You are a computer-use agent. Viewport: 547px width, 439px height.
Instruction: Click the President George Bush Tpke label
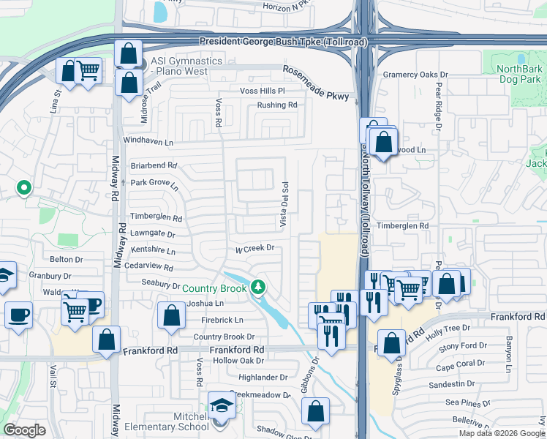pos(282,42)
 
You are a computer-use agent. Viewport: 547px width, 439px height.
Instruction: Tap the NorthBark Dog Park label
pos(520,74)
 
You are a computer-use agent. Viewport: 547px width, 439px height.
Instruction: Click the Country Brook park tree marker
pos(257,287)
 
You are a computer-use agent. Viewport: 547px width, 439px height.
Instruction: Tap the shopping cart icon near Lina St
pos(88,71)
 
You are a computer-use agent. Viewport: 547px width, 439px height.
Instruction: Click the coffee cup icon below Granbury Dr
pos(18,315)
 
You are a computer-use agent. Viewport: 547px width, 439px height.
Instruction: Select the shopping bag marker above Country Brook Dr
pos(170,315)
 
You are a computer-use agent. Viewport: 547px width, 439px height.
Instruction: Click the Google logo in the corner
pos(25,430)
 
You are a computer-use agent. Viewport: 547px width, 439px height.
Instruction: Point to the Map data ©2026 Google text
pos(502,433)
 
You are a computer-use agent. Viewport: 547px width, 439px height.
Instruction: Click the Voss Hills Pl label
pos(262,91)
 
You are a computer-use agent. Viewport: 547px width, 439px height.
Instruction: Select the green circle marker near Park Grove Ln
pos(24,188)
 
